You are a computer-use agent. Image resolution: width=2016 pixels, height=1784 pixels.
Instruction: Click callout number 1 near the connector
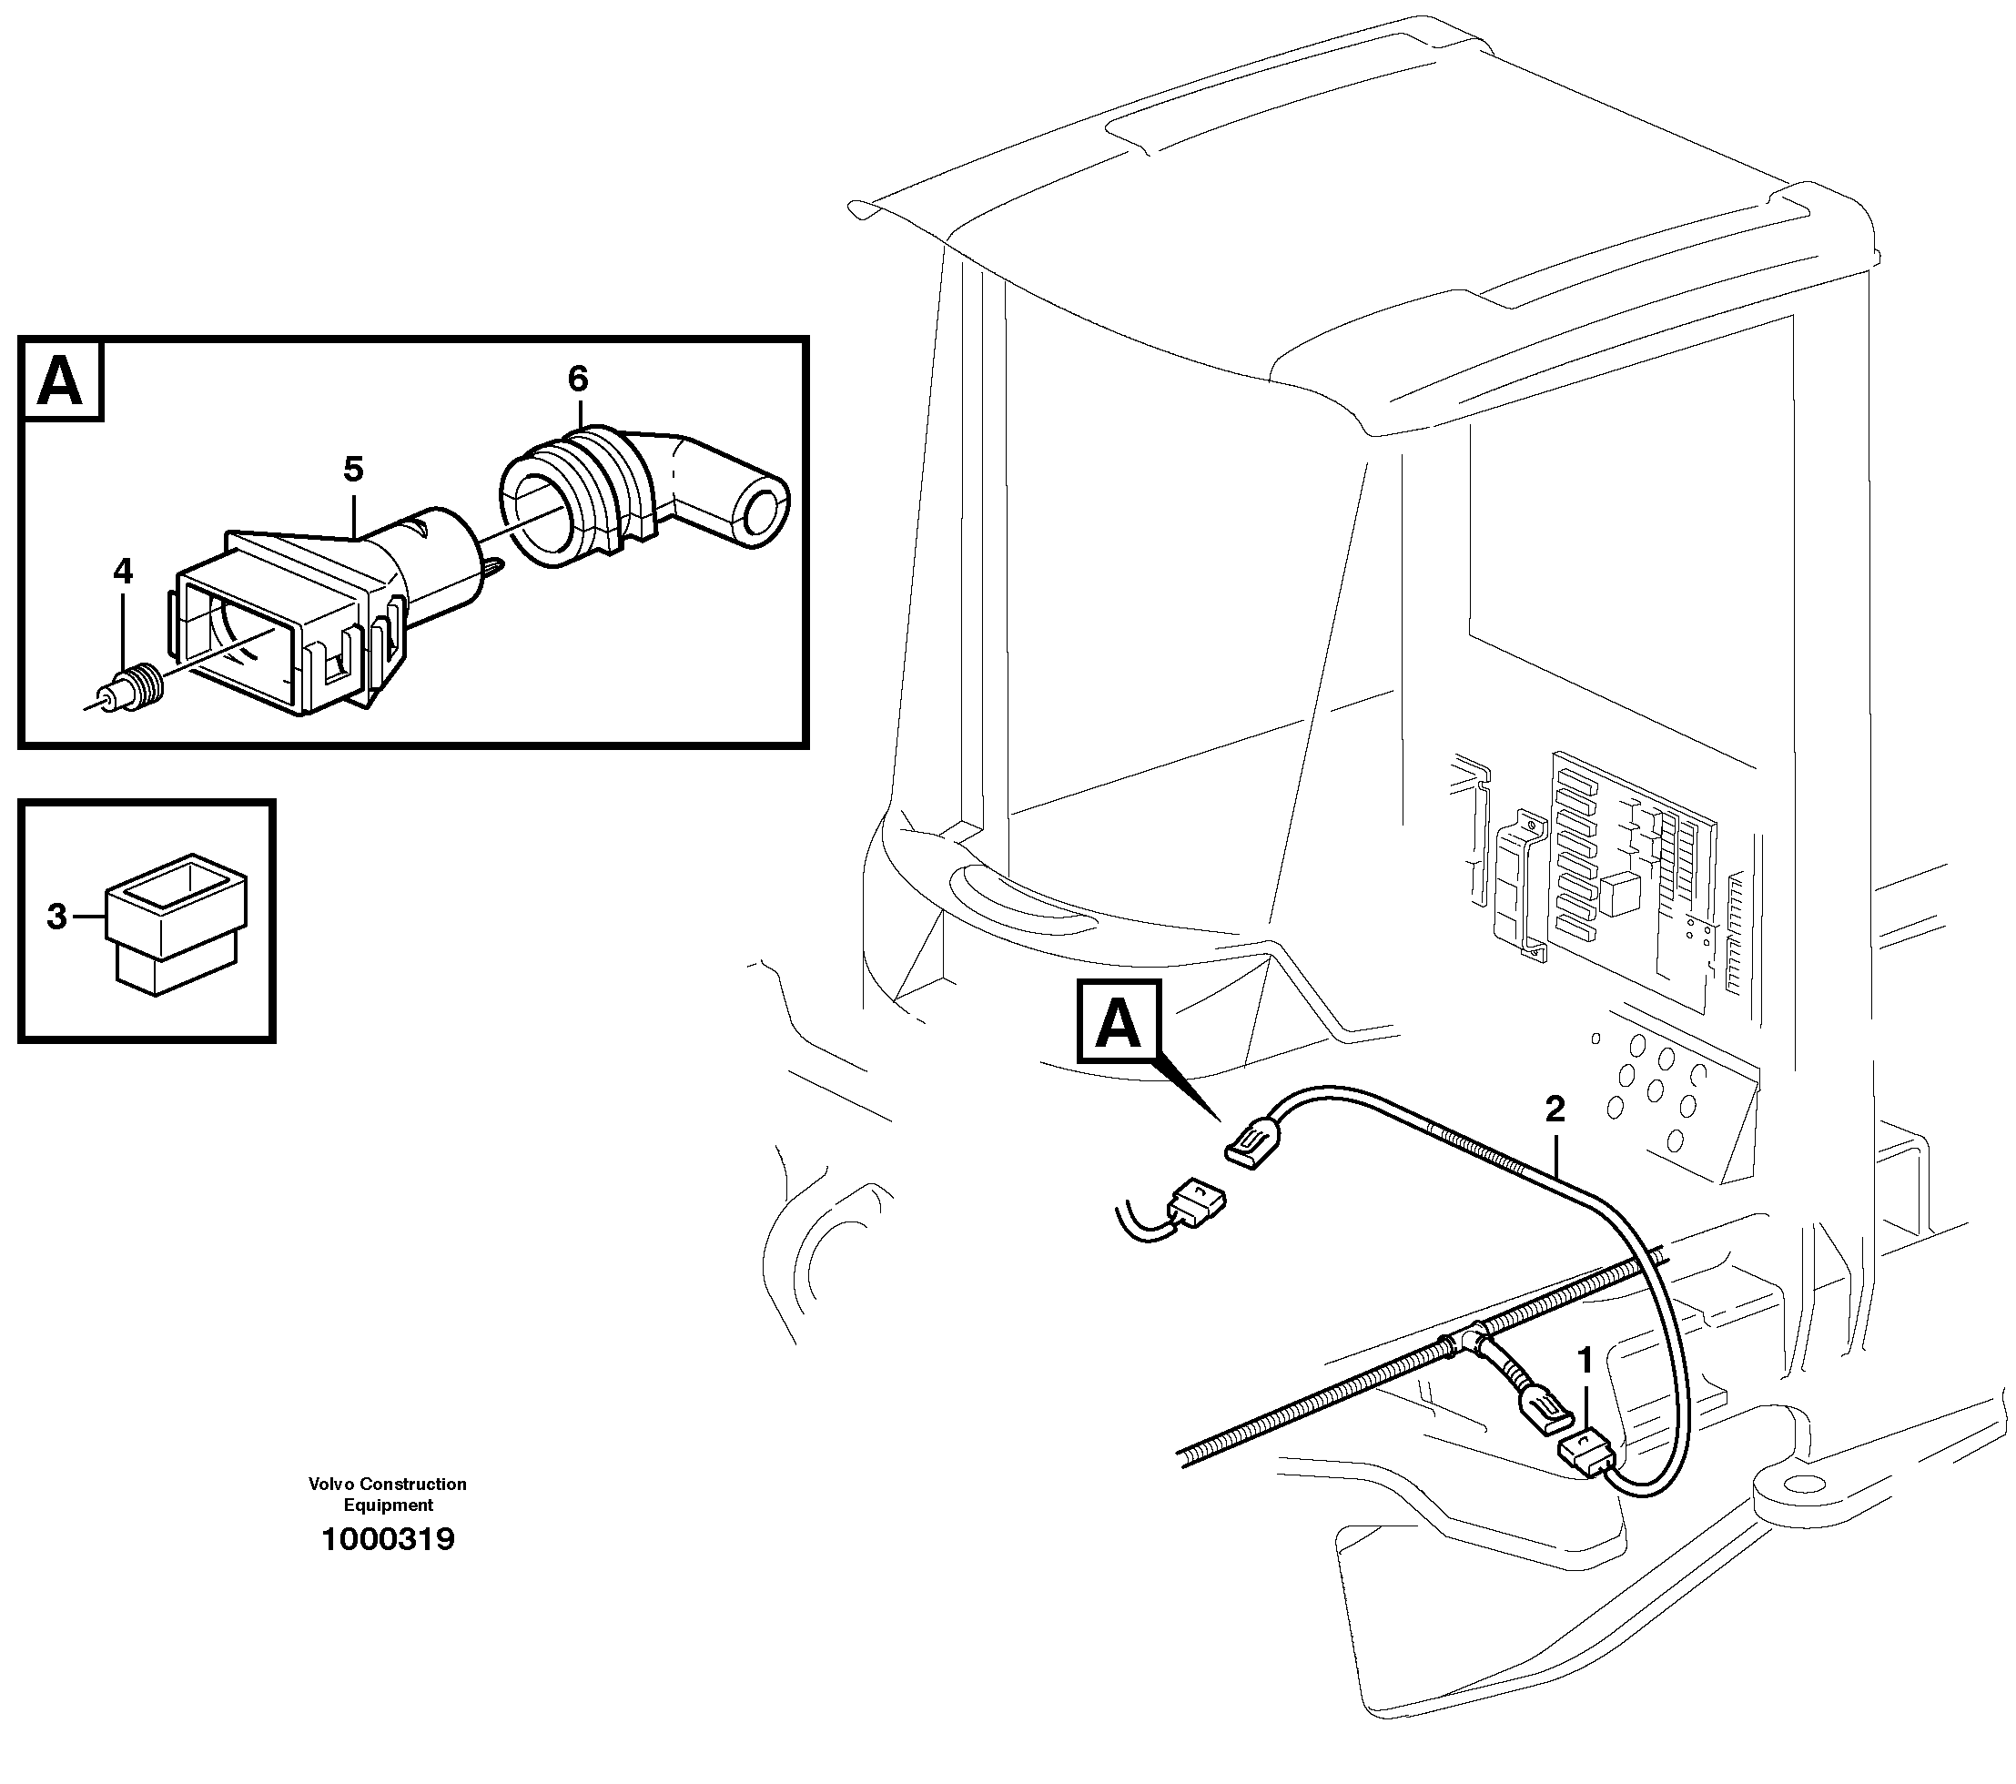[x=1585, y=1361]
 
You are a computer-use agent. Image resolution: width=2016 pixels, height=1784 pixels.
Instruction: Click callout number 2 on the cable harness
[x=1555, y=1110]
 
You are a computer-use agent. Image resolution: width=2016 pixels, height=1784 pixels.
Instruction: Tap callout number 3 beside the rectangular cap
[x=57, y=917]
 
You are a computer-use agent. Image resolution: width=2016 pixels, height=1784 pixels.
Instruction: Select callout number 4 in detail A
[x=122, y=571]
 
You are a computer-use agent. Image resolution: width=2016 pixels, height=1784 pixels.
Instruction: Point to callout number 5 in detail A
[x=353, y=470]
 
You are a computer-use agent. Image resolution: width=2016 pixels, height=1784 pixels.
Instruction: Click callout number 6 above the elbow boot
[x=578, y=379]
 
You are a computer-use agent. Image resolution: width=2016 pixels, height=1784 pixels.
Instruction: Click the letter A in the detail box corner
[x=60, y=381]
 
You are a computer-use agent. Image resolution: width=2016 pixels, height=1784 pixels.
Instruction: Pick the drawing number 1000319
[x=388, y=1539]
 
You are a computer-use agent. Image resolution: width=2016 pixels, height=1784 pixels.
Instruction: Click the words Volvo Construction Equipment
[x=388, y=1494]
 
